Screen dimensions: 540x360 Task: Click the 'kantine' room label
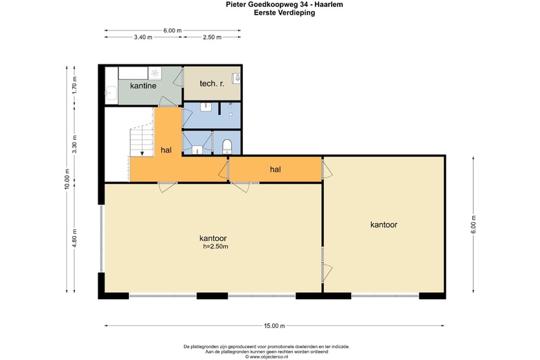click(143, 85)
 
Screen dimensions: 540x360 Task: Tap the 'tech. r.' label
click(212, 83)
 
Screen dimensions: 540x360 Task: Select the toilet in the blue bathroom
click(227, 146)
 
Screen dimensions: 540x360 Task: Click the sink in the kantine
click(111, 93)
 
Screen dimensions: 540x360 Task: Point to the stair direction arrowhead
click(142, 153)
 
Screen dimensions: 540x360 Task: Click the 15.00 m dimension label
click(274, 325)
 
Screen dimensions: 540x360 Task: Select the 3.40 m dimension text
click(143, 37)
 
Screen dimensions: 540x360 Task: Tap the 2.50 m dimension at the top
click(212, 37)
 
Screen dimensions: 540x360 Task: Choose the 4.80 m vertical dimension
click(75, 238)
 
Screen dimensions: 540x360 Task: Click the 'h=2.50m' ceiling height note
click(215, 246)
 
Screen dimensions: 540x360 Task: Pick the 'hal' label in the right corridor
click(275, 169)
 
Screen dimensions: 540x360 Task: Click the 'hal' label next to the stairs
click(166, 150)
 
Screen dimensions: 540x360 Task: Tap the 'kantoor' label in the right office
click(384, 224)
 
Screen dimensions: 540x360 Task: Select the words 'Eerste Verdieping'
click(285, 12)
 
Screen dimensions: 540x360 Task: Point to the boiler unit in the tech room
click(237, 78)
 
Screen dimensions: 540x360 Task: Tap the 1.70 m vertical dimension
click(75, 84)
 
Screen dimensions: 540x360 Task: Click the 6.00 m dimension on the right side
click(473, 224)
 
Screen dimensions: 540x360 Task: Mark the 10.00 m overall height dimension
click(67, 179)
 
